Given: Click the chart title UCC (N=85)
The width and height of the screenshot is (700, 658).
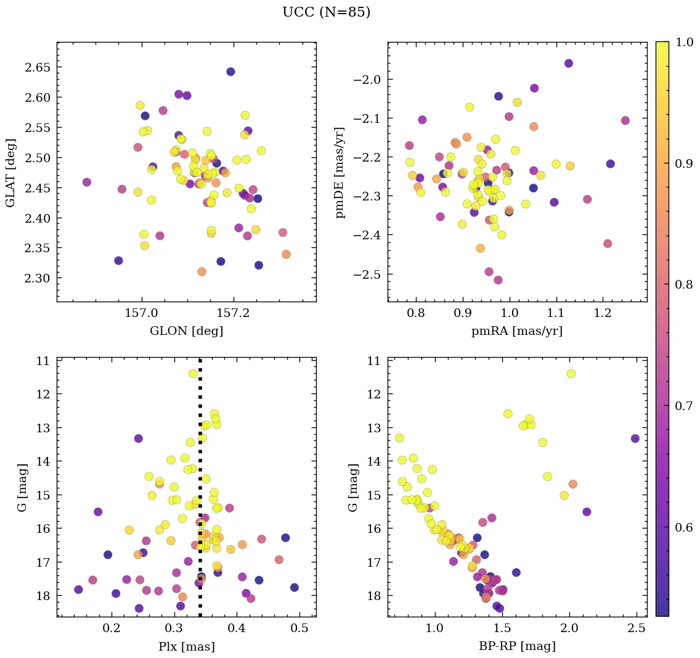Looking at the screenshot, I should pos(326,12).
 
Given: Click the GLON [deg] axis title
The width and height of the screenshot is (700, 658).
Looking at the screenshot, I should pos(186,331).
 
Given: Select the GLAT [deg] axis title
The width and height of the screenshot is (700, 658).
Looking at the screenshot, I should pos(10,172).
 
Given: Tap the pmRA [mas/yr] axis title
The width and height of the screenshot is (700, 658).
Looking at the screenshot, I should pos(517,331).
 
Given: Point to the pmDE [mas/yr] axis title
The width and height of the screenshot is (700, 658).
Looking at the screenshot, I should pos(340,172).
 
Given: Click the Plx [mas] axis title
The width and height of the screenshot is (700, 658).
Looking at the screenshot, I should pos(186,646).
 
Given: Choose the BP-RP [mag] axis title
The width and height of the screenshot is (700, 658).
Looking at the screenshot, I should pos(517,646).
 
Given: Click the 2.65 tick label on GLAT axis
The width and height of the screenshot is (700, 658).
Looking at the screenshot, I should pos(38,67).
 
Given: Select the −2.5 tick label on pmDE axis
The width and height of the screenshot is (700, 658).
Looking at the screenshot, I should pos(367,274).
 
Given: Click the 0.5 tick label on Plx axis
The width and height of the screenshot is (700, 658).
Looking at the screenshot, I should pos(299,628).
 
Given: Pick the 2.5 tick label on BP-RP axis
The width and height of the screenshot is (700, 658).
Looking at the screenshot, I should pos(635,628).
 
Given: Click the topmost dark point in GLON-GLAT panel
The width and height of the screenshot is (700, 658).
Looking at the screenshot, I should pos(230,72).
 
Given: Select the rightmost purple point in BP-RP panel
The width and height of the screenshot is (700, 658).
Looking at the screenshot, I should pos(635,438).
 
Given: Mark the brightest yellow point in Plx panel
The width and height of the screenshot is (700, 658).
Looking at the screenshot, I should pos(193,373).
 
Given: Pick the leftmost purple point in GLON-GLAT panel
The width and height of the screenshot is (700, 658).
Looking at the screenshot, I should pos(87,182).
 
